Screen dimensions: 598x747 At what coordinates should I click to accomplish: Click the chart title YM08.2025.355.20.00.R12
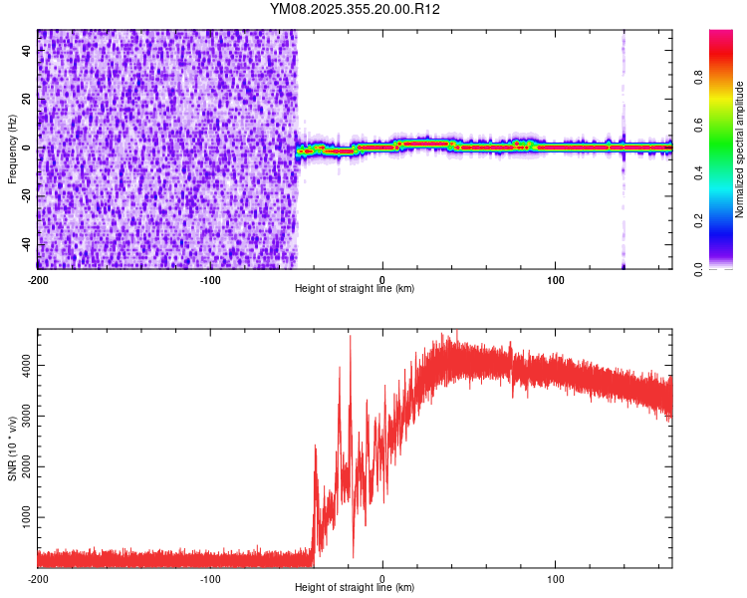pos(356,9)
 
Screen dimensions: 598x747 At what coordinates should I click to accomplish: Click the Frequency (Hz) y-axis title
pos(12,149)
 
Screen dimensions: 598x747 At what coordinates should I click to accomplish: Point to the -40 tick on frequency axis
pos(27,244)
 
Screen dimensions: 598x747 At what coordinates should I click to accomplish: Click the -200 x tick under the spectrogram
pos(38,278)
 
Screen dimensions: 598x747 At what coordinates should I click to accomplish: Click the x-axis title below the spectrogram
pos(355,289)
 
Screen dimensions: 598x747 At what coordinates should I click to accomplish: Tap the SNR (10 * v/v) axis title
pos(12,448)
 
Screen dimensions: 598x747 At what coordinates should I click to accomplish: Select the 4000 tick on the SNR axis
pos(22,365)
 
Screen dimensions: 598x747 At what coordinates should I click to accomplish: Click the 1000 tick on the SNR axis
pos(22,518)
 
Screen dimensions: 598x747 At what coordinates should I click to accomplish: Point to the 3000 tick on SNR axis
pos(22,416)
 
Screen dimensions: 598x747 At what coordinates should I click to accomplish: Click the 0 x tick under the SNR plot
pos(382,578)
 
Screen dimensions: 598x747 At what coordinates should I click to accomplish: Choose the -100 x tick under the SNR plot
pos(210,578)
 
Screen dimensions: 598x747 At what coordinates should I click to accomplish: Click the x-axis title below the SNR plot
pos(355,588)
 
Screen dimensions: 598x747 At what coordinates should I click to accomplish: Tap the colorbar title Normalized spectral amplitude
pos(740,149)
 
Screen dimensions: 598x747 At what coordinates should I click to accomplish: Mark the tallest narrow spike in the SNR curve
pos(350,337)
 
